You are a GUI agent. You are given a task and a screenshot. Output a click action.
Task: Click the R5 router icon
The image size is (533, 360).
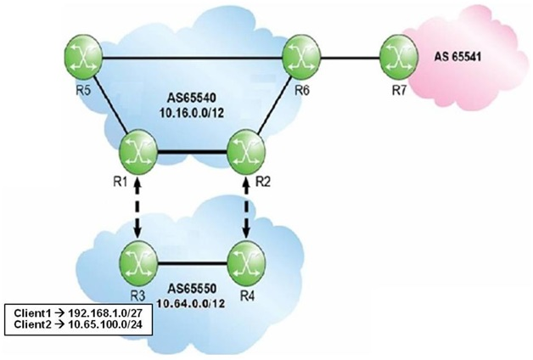tap(83, 57)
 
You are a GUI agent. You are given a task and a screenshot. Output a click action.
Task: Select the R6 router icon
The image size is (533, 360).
tap(301, 57)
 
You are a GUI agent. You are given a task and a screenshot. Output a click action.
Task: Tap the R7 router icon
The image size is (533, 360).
tap(398, 57)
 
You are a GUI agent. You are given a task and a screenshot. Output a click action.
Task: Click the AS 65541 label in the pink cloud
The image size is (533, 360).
tap(457, 56)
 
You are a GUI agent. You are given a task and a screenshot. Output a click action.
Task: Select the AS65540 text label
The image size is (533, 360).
tap(192, 98)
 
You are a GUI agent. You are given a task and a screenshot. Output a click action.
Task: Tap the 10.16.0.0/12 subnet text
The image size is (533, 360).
tap(192, 113)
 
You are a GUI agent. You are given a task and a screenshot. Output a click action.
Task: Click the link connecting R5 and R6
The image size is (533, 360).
tap(193, 59)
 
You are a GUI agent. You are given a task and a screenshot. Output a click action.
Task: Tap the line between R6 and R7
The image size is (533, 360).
tap(351, 59)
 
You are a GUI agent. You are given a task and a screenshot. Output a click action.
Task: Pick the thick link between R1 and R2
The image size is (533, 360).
tap(193, 152)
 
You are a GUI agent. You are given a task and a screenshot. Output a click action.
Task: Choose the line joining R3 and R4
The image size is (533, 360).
tap(193, 262)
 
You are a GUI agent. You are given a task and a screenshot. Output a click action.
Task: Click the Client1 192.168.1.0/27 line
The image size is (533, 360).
tap(78, 313)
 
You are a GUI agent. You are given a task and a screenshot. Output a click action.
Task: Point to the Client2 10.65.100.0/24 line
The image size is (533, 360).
tap(78, 324)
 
